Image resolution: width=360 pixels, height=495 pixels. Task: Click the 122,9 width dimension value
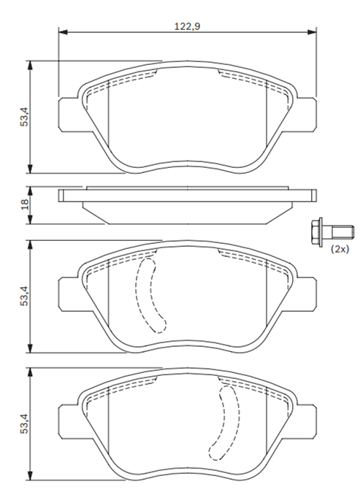[187, 26]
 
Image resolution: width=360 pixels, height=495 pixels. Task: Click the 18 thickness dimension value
[24, 205]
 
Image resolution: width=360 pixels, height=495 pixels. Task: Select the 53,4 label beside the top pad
[24, 117]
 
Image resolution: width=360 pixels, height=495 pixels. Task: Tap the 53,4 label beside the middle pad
[24, 296]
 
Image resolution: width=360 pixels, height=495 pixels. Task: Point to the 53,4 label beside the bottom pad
[24, 423]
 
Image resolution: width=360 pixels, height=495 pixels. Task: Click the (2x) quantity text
[340, 250]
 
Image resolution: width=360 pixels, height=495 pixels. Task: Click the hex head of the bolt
[316, 232]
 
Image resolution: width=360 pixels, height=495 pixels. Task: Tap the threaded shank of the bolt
[342, 232]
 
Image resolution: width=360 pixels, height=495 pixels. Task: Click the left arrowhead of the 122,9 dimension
[63, 32]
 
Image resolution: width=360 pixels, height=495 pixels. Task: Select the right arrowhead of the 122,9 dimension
[312, 32]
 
